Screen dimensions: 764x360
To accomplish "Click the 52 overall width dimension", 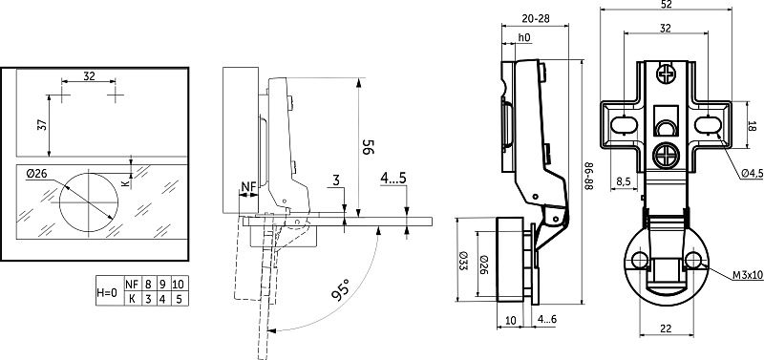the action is click(667, 5).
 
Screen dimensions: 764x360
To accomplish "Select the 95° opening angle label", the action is click(340, 289).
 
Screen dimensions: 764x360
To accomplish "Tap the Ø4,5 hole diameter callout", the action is click(753, 174).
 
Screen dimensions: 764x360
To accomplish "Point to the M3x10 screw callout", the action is click(748, 276).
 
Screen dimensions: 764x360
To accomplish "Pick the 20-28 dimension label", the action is click(536, 18).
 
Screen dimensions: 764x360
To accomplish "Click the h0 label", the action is click(523, 37).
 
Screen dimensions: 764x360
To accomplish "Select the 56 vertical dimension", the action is click(368, 147).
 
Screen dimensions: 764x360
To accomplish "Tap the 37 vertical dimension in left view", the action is click(43, 125).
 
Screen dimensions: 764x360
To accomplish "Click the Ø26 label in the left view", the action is click(36, 173).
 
